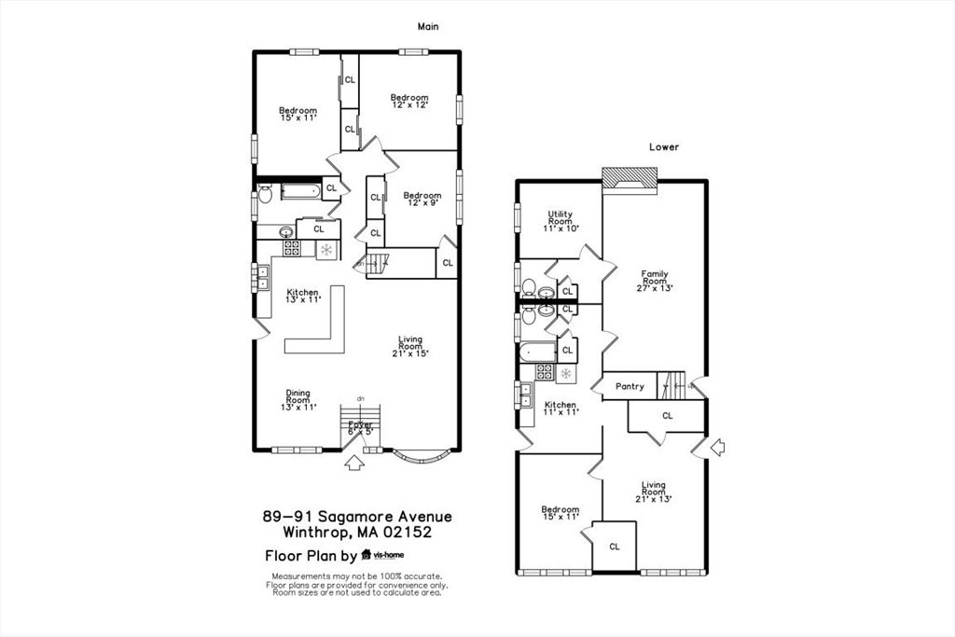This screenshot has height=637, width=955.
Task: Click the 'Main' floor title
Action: point(427,27)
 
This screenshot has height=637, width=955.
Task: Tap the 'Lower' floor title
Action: point(664,146)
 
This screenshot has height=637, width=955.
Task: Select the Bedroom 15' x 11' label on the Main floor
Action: point(298,114)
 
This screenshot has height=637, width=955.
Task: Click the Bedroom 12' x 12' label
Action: point(408,102)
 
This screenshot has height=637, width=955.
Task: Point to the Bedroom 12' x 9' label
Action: point(422,199)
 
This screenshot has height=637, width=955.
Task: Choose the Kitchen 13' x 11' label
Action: point(302,296)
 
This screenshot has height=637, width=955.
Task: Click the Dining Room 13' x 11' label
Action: point(298,401)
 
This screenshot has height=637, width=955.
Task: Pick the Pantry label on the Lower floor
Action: point(630,386)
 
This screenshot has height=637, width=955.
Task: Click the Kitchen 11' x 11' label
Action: point(561,408)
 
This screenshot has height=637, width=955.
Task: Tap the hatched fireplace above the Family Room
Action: point(629,177)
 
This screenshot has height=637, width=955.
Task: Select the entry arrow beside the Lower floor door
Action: point(717,448)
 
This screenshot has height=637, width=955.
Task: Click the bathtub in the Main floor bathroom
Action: point(299,193)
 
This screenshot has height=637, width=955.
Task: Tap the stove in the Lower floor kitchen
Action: point(545,372)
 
